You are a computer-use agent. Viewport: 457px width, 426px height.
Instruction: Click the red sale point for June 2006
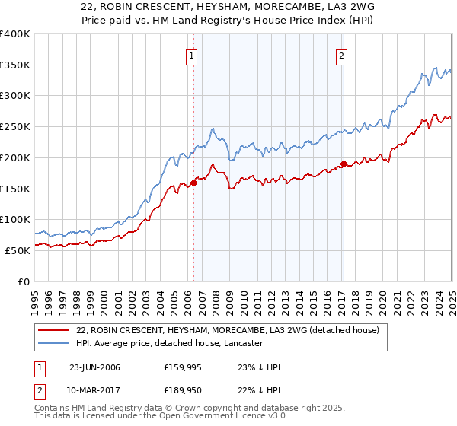[x=193, y=182]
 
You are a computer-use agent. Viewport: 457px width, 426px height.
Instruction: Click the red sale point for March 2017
[x=344, y=164]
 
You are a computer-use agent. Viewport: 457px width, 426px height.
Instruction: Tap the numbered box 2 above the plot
[x=342, y=55]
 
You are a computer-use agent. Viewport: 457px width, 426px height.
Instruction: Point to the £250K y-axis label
[x=15, y=127]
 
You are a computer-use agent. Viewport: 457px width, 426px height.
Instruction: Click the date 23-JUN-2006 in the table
[x=94, y=368]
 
